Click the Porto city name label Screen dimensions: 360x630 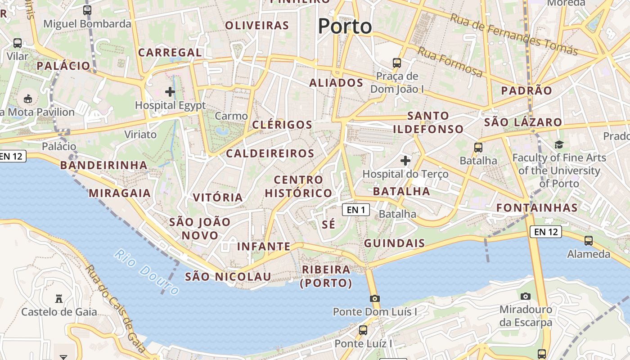(345, 26)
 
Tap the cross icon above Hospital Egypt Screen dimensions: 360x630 (170, 92)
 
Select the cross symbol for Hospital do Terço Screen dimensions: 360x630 (405, 160)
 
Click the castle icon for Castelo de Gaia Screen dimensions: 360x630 (58, 298)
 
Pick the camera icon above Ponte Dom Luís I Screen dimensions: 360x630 (374, 298)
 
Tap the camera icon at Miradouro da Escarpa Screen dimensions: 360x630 (525, 296)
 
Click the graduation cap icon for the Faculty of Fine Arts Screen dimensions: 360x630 (559, 144)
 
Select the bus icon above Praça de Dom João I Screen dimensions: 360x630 (396, 63)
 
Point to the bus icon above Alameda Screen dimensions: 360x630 (588, 240)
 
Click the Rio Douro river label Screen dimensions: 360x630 (146, 271)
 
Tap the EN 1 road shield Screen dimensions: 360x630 (356, 209)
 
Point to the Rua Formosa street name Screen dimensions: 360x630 (450, 62)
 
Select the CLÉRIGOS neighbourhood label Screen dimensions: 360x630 (282, 125)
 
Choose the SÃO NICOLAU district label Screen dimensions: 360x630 (228, 276)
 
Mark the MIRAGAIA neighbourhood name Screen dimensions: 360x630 (120, 193)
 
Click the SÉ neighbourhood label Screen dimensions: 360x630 (329, 225)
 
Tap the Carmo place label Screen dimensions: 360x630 (231, 116)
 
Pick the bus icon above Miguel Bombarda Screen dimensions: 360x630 (87, 10)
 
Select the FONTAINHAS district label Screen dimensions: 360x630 (537, 207)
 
